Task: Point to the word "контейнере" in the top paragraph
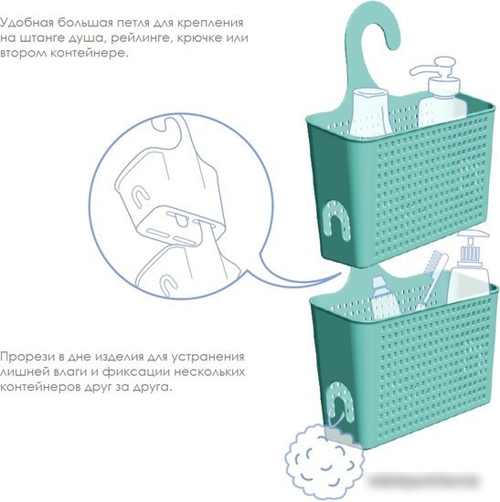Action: click(x=90, y=53)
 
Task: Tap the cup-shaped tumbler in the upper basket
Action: click(x=371, y=112)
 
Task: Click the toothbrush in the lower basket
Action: click(x=431, y=279)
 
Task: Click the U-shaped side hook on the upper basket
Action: click(x=335, y=220)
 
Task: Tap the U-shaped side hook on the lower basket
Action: click(x=340, y=400)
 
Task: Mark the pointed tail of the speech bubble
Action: click(x=341, y=275)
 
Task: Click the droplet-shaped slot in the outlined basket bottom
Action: click(x=182, y=221)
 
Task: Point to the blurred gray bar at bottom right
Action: click(x=423, y=480)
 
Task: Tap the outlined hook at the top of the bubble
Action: click(x=166, y=127)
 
